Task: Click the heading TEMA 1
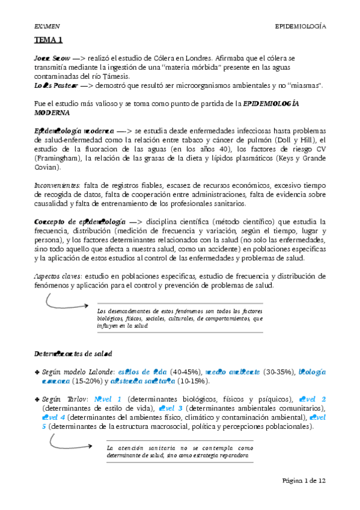pos(48,40)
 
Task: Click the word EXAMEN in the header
pos(47,26)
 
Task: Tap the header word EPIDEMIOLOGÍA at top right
pos(300,26)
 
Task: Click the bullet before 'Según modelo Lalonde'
pos(37,372)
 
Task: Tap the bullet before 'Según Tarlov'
pos(37,399)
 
